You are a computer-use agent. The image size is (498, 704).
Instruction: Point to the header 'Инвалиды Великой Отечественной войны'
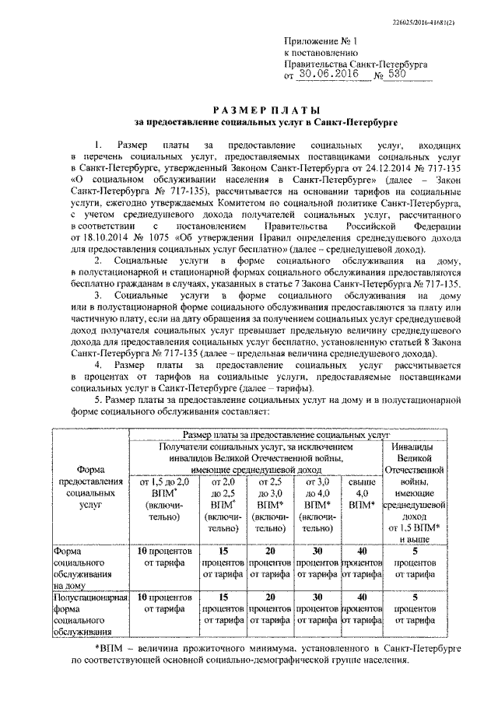pyautogui.click(x=415, y=464)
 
